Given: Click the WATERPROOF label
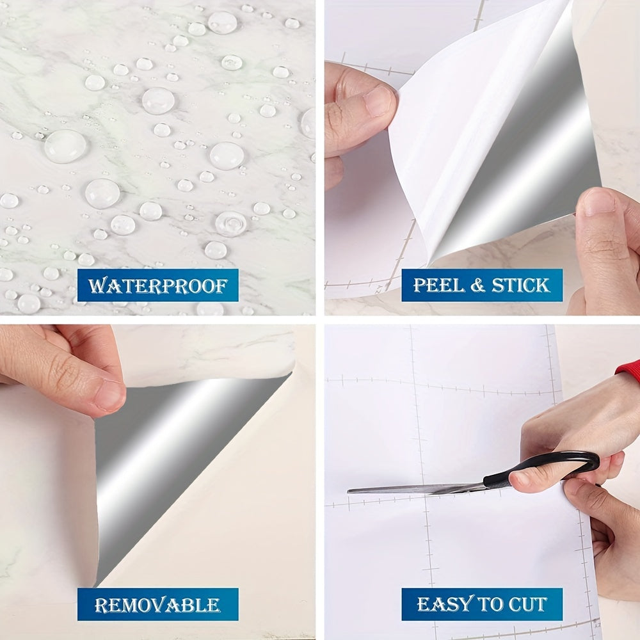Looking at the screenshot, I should click(x=157, y=285).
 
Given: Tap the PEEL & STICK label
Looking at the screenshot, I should click(x=482, y=285).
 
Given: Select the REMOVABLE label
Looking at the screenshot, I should click(x=157, y=604).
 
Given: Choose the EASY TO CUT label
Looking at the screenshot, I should click(x=482, y=604).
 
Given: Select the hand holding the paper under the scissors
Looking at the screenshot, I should click(x=608, y=531).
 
